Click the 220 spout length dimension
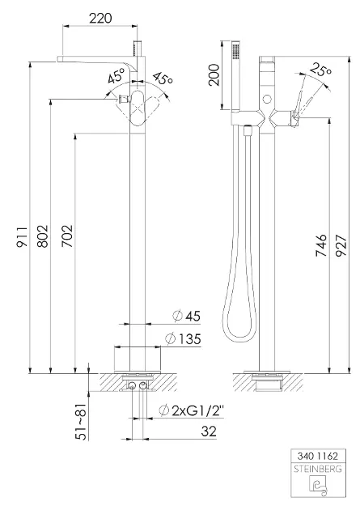click(100, 18)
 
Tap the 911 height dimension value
click(22, 236)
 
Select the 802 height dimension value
click(43, 236)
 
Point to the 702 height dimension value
click(67, 236)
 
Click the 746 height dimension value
click(321, 245)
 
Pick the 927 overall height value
click(341, 245)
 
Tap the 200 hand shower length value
click(214, 74)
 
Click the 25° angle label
click(321, 69)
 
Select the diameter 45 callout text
click(187, 316)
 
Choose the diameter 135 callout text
click(184, 339)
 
